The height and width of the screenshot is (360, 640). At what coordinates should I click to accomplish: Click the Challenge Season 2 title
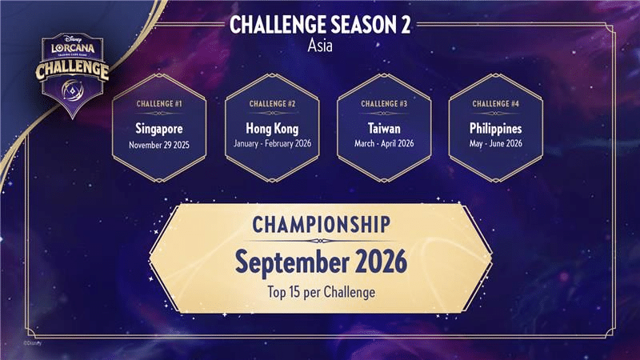click(x=319, y=25)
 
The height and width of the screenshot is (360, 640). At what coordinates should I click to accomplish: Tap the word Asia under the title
click(x=320, y=46)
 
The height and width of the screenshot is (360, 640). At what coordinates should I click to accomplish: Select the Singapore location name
click(x=159, y=129)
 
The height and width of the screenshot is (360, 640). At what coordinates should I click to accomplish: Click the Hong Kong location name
click(x=272, y=129)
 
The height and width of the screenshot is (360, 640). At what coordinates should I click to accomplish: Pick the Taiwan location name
click(x=384, y=129)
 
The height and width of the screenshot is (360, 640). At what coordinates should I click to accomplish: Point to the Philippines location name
click(x=495, y=129)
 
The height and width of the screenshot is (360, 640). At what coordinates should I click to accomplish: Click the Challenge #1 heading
click(x=159, y=104)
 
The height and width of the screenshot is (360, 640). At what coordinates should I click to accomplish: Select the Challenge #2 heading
click(x=272, y=104)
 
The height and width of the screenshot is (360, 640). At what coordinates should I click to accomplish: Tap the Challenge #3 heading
click(x=384, y=104)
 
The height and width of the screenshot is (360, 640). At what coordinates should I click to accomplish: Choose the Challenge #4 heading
click(x=495, y=104)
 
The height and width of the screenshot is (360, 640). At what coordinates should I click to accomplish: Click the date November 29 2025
click(x=159, y=145)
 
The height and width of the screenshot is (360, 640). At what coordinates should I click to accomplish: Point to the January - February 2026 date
click(x=272, y=144)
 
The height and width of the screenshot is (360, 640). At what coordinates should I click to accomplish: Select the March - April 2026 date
click(x=384, y=144)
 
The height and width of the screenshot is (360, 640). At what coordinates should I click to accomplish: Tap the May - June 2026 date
click(x=495, y=144)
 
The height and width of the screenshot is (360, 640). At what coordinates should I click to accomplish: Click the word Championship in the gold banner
click(x=322, y=225)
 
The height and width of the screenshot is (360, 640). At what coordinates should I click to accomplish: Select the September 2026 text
click(x=322, y=262)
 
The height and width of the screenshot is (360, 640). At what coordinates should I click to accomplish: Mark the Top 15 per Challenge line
click(x=322, y=292)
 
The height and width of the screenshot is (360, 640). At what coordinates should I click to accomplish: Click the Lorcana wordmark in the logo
click(x=73, y=48)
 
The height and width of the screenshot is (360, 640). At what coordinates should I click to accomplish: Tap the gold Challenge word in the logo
click(x=72, y=70)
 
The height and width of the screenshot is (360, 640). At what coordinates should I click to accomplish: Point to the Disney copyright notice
click(x=32, y=343)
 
